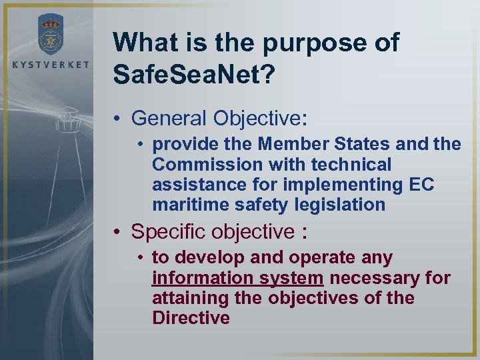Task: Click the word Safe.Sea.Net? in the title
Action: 193,74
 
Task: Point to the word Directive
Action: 191,318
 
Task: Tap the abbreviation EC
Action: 421,184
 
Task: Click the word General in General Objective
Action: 169,118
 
